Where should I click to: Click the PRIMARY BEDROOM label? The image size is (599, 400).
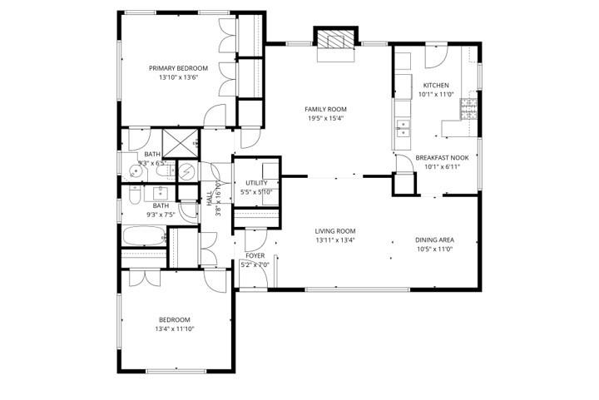(179, 68)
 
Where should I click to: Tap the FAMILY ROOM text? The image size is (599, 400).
(325, 109)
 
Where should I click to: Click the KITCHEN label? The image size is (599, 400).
(436, 86)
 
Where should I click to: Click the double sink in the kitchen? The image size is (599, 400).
(403, 128)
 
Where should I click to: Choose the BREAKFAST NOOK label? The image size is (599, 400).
(442, 157)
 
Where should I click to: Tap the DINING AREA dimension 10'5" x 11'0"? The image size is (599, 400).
(433, 249)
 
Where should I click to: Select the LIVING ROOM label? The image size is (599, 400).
(335, 231)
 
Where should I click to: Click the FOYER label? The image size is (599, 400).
(255, 256)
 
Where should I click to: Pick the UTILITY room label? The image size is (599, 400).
(256, 183)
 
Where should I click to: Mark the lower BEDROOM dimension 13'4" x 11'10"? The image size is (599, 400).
(175, 329)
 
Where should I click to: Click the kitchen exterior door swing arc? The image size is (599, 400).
(437, 57)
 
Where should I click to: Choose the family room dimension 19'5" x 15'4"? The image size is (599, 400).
(325, 118)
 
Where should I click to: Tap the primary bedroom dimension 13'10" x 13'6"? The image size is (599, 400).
(179, 77)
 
